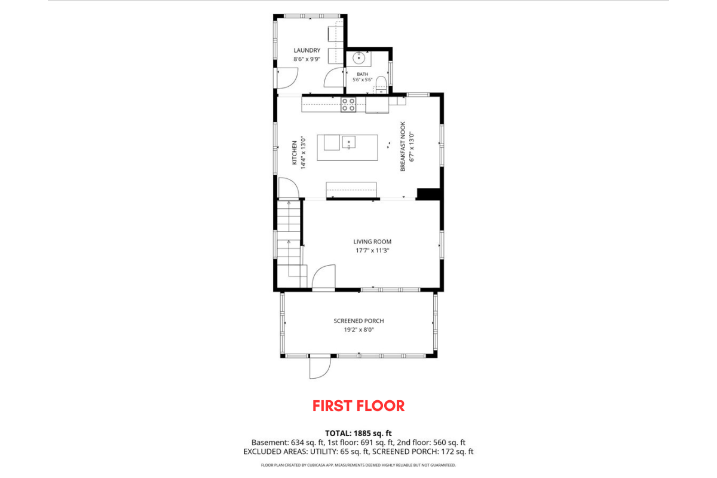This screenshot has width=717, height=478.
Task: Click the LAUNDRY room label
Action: coord(307,50)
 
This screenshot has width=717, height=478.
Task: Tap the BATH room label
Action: coord(362,74)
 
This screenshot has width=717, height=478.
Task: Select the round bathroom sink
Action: coord(359,59)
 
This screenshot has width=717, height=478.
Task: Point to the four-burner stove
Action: coord(348,105)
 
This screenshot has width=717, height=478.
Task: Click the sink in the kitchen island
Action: coord(348,142)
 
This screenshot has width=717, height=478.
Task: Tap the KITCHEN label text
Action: coord(295,153)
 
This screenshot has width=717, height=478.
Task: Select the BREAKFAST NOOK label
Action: coord(403,147)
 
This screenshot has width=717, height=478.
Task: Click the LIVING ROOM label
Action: coord(372,242)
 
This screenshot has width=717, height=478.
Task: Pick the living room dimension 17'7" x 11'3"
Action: coord(372,251)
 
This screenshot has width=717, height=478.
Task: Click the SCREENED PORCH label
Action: coord(359,321)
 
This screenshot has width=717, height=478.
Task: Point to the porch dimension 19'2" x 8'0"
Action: coord(359,330)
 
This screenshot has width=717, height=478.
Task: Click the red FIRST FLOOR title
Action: coord(358,406)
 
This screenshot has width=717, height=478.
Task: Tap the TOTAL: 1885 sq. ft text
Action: coord(358,434)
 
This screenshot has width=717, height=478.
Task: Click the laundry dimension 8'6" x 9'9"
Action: coord(307,59)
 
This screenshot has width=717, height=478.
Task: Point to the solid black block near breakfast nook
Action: coord(429,194)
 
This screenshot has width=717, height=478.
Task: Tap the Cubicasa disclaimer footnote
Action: coord(358,465)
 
